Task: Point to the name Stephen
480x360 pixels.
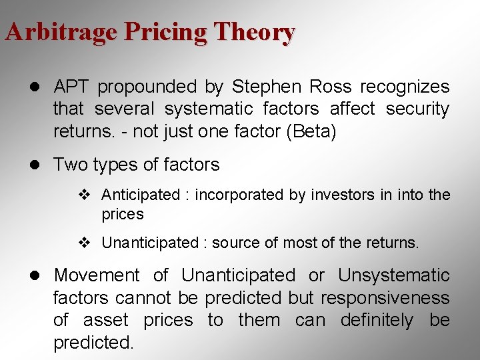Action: pyautogui.click(x=257, y=87)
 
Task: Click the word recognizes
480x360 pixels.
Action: pyautogui.click(x=405, y=87)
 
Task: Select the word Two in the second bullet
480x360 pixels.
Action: pyautogui.click(x=68, y=164)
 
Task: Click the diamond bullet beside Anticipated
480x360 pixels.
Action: pyautogui.click(x=84, y=195)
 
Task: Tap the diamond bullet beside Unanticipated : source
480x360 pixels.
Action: pyautogui.click(x=84, y=243)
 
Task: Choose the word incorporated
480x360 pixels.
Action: pyautogui.click(x=235, y=195)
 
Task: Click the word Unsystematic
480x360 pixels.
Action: pyautogui.click(x=393, y=275)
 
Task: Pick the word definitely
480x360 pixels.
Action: pyautogui.click(x=377, y=320)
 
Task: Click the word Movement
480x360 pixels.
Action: pyautogui.click(x=97, y=275)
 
